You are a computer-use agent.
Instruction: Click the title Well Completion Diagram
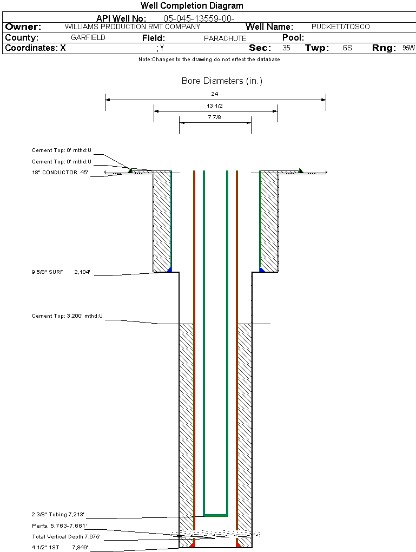click(192, 6)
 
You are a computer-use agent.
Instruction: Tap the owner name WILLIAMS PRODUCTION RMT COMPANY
click(132, 27)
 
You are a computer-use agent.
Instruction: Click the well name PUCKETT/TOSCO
click(341, 27)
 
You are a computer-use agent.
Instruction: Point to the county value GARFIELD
click(88, 38)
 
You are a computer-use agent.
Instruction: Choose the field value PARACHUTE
click(225, 38)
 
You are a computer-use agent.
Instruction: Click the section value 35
click(286, 48)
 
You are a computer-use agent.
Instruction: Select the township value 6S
click(347, 48)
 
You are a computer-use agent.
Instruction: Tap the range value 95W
click(408, 48)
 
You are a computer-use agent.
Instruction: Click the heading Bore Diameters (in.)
click(222, 81)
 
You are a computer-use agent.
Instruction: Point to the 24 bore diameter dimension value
click(215, 94)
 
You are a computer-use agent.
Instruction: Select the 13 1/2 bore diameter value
click(215, 106)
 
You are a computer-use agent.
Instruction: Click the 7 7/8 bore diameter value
click(215, 117)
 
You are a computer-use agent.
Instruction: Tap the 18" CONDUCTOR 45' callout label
click(60, 173)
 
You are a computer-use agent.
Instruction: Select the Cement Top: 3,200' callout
click(67, 316)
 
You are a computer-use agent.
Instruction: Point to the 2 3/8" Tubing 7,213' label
click(58, 515)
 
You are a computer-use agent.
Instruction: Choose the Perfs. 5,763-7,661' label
click(60, 525)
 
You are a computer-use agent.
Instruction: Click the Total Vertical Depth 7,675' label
click(66, 537)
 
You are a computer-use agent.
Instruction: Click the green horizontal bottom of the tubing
click(215, 514)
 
